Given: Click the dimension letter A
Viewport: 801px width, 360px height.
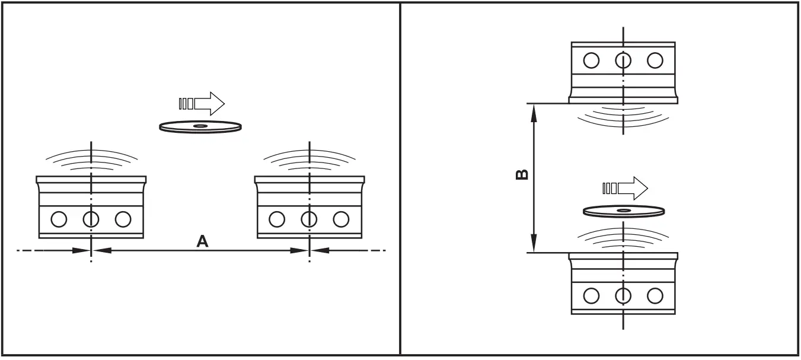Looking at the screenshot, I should tap(202, 241).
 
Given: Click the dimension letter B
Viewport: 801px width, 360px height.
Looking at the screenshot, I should tap(522, 174).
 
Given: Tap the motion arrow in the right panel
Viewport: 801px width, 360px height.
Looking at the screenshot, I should tap(626, 188).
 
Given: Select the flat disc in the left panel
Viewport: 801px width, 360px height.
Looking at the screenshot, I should tap(200, 126).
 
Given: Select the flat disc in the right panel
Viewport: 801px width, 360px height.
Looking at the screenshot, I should tap(624, 211).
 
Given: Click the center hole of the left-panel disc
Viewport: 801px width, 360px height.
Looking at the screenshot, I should tap(200, 126).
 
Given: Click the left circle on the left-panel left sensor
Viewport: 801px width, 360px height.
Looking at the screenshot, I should tap(59, 219).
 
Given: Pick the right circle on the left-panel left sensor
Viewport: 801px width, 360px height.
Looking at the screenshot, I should tap(123, 219).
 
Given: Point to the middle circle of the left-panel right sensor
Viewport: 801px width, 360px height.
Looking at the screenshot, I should tap(309, 219).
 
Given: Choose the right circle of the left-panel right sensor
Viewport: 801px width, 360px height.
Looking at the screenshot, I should tap(341, 219).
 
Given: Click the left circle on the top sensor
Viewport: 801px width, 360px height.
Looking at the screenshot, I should tap(591, 60).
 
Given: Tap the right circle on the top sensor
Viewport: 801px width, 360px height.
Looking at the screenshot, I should tap(655, 60).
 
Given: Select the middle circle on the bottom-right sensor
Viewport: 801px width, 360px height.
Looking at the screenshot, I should tap(623, 295).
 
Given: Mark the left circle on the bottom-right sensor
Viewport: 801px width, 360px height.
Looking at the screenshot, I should tap(591, 295).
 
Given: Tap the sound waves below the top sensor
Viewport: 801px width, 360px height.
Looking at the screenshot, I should tap(623, 116).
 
